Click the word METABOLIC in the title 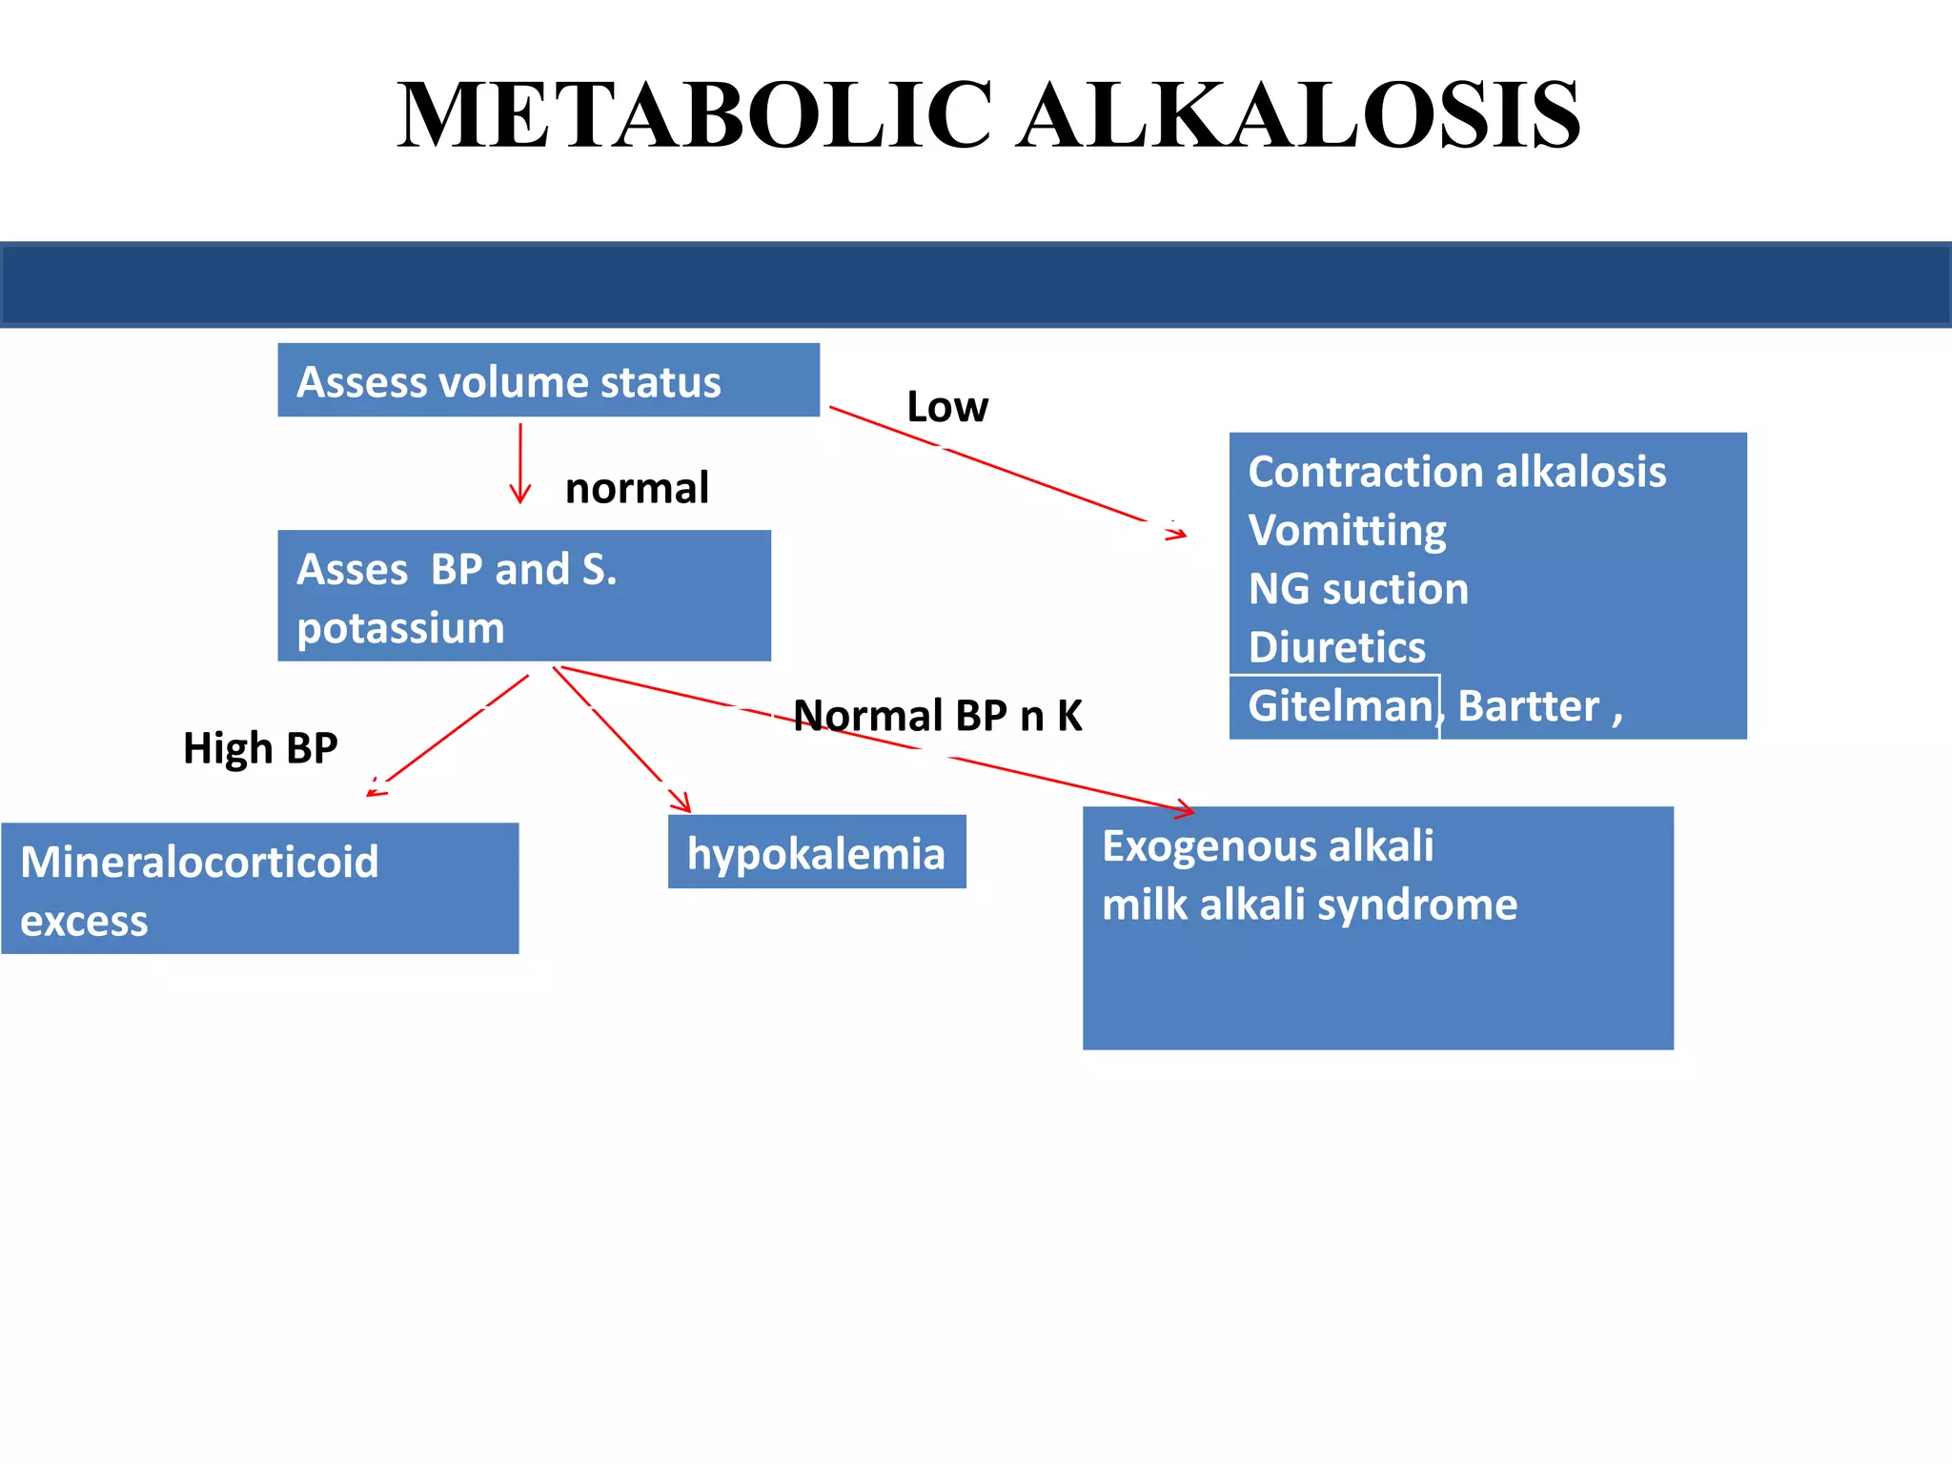[x=695, y=115]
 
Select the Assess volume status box [x=548, y=380]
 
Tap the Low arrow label [x=946, y=407]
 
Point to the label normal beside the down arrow [x=637, y=488]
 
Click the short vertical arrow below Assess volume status [x=520, y=463]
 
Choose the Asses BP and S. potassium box [x=524, y=596]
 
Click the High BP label [x=260, y=748]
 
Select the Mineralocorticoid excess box [x=260, y=888]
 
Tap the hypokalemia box [x=817, y=852]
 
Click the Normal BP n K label [x=938, y=716]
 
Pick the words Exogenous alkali [x=1268, y=846]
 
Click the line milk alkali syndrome [x=1310, y=905]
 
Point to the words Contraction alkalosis [x=1457, y=472]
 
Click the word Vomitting [x=1347, y=531]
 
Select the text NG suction [x=1358, y=589]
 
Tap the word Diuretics [x=1337, y=647]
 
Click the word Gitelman [x=1339, y=706]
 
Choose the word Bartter [x=1528, y=706]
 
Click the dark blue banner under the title [x=976, y=285]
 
